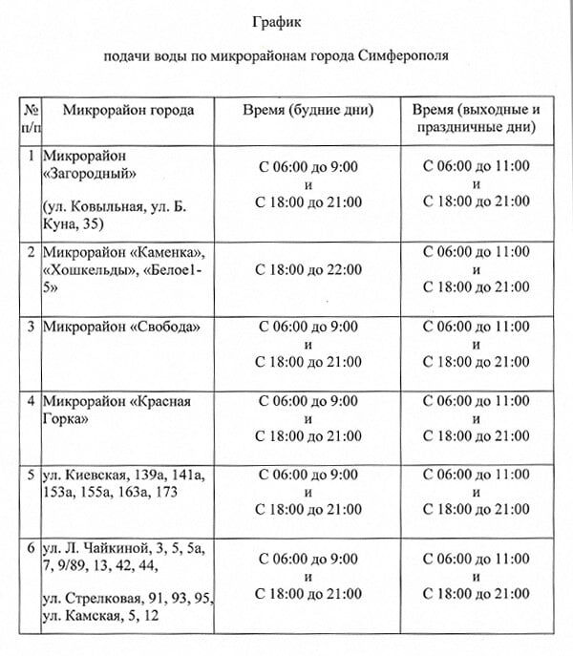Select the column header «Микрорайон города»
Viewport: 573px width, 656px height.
point(128,110)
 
